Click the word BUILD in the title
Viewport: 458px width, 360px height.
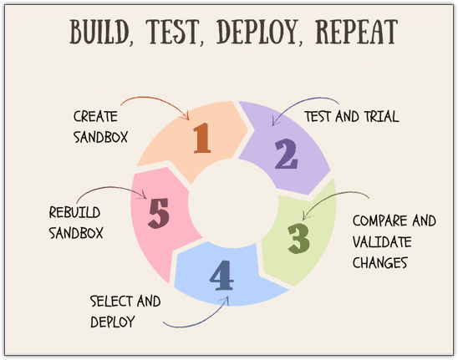pyautogui.click(x=99, y=32)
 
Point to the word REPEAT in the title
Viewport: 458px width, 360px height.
pyautogui.click(x=357, y=32)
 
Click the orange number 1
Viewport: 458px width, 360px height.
pyautogui.click(x=202, y=138)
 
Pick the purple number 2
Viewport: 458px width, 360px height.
pyautogui.click(x=286, y=154)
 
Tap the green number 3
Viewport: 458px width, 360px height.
pyautogui.click(x=298, y=239)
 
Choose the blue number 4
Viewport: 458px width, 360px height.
pyautogui.click(x=221, y=276)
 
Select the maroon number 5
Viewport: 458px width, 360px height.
pyautogui.click(x=159, y=213)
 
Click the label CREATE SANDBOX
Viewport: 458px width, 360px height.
pyautogui.click(x=101, y=127)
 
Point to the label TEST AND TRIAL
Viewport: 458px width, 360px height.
pyautogui.click(x=352, y=116)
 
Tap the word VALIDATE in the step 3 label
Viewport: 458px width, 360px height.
pyautogui.click(x=382, y=241)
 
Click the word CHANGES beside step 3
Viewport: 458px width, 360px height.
pyautogui.click(x=379, y=262)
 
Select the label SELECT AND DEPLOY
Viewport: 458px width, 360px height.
pyautogui.click(x=125, y=312)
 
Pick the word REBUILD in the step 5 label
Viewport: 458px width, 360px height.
pyautogui.click(x=74, y=212)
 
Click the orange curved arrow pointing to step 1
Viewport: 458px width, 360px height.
pyautogui.click(x=158, y=100)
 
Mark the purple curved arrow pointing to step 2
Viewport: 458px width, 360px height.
pyautogui.click(x=301, y=103)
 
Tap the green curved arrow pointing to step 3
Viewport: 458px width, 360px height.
pyautogui.click(x=330, y=197)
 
